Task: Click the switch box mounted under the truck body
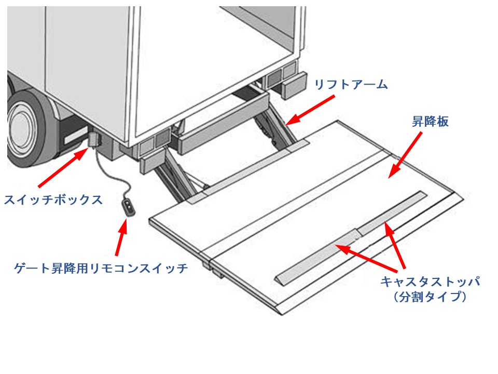[x=93, y=139]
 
